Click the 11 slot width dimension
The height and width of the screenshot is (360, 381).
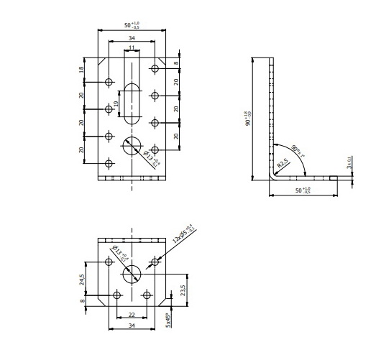click(131, 47)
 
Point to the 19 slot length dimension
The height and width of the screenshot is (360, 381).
click(116, 107)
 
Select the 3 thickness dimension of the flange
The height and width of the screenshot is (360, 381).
click(349, 163)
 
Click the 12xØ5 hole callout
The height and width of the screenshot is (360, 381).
click(184, 234)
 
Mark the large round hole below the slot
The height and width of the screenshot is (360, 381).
click(132, 147)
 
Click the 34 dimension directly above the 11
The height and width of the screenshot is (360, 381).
click(131, 37)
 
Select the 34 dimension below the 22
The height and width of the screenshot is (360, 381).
click(132, 326)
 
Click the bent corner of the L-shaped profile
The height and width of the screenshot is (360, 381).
click(274, 175)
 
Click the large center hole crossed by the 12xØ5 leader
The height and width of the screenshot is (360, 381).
click(132, 274)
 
